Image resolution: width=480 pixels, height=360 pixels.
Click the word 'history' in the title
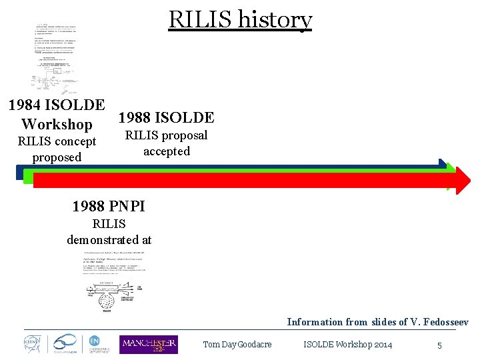pyautogui.click(x=275, y=20)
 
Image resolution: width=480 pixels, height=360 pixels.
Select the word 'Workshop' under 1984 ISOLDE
pyautogui.click(x=57, y=125)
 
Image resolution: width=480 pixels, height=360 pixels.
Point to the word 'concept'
pyautogui.click(x=73, y=141)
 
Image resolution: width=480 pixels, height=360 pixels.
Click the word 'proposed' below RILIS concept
pyautogui.click(x=57, y=157)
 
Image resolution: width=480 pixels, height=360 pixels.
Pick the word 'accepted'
pyautogui.click(x=167, y=151)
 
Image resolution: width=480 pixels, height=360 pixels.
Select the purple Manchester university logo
pyautogui.click(x=148, y=344)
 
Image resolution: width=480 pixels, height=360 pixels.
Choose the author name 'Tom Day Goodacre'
pyautogui.click(x=237, y=345)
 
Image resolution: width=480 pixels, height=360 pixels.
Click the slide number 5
pyautogui.click(x=439, y=345)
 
